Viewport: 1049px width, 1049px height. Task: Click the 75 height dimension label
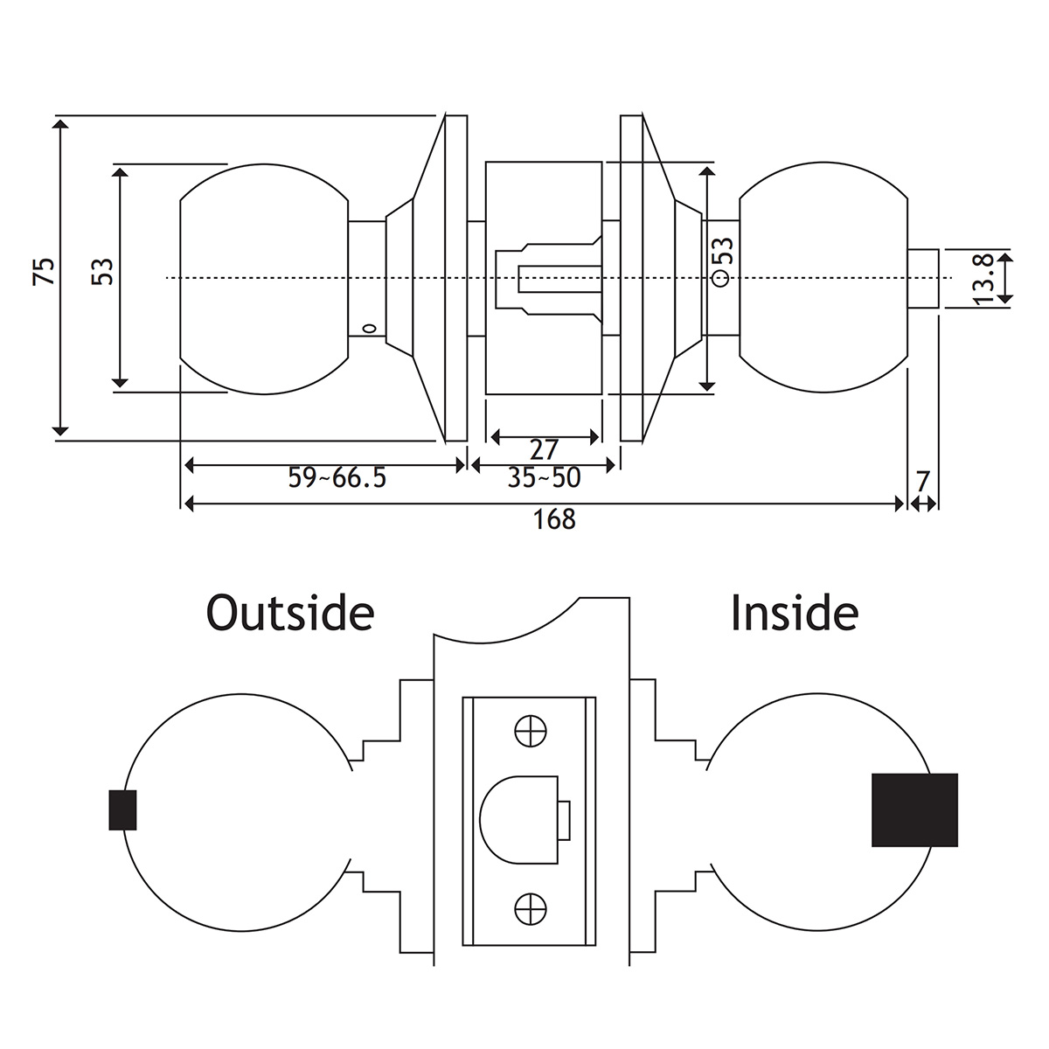[x=45, y=271]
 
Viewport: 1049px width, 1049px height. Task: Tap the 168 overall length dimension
[x=555, y=519]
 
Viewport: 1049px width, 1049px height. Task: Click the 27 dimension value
[x=544, y=449]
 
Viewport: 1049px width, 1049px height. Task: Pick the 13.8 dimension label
[x=983, y=279]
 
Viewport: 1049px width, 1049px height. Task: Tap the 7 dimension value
[x=923, y=480]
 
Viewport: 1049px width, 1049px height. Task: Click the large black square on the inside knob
[x=914, y=809]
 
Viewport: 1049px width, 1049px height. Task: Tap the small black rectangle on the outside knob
[x=122, y=809]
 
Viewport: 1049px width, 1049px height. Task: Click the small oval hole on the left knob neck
[x=369, y=330]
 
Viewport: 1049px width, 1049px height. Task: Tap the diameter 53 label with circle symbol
[x=722, y=260]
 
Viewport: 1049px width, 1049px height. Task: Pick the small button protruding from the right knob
[x=923, y=278]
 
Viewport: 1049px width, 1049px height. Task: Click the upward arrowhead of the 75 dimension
[x=60, y=125]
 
